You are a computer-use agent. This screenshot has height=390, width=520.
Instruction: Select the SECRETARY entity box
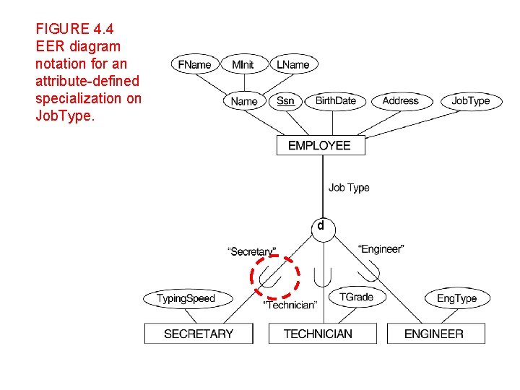(x=199, y=334)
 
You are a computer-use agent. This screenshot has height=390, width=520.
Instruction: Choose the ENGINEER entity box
(x=434, y=334)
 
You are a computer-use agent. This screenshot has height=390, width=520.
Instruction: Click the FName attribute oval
(x=195, y=64)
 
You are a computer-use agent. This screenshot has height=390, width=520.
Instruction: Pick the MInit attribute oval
(x=243, y=64)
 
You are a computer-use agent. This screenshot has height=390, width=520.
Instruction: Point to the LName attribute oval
(x=292, y=64)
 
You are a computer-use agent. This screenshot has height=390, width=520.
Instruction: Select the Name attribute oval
(x=244, y=101)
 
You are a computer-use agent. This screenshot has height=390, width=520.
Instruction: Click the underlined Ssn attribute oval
(x=285, y=100)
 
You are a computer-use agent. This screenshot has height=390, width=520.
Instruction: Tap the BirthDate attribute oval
(x=335, y=100)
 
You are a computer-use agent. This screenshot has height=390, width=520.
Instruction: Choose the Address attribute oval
(x=400, y=100)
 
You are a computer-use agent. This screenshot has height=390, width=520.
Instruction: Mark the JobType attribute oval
(x=470, y=100)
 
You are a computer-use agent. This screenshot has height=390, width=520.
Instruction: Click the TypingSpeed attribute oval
(x=186, y=298)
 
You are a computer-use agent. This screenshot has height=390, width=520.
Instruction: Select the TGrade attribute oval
(x=356, y=296)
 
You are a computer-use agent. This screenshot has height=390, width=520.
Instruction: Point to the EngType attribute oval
(x=456, y=298)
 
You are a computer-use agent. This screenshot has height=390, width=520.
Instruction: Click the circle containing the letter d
(x=321, y=226)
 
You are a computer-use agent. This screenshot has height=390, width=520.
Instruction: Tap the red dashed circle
(x=274, y=276)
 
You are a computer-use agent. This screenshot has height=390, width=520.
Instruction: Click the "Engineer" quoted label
(x=381, y=249)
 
